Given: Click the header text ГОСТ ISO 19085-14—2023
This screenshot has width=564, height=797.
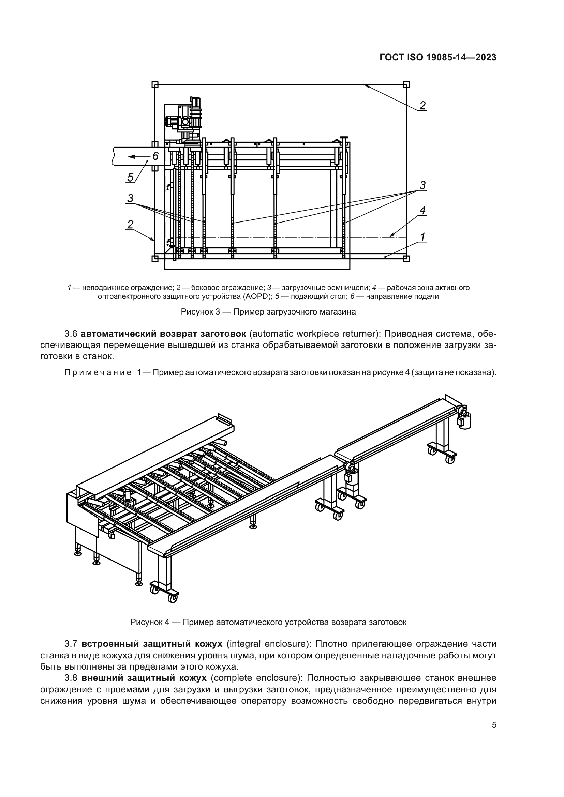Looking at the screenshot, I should coord(438,58).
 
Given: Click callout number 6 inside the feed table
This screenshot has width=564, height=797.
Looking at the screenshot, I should coord(155,156).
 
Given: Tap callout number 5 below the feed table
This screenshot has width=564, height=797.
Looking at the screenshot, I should coord(130,178).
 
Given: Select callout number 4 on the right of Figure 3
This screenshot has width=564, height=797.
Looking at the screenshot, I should coord(422,210).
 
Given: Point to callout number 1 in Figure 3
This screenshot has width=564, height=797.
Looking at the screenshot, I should coord(422,237).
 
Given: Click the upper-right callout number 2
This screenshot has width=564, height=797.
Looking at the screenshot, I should coord(422,105).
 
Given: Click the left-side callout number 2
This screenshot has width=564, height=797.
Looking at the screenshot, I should coord(130,224).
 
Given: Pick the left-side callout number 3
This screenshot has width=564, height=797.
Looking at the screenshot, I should coord(130,198).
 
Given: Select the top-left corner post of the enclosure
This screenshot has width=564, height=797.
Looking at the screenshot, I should coord(155,85).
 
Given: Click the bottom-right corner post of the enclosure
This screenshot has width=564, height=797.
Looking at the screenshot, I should coord(406,258).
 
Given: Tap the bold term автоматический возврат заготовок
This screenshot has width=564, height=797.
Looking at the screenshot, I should coord(163,334).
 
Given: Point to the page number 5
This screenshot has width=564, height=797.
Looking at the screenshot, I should coord(494,725).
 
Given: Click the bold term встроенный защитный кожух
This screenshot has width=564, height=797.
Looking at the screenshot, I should coord(152,644).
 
